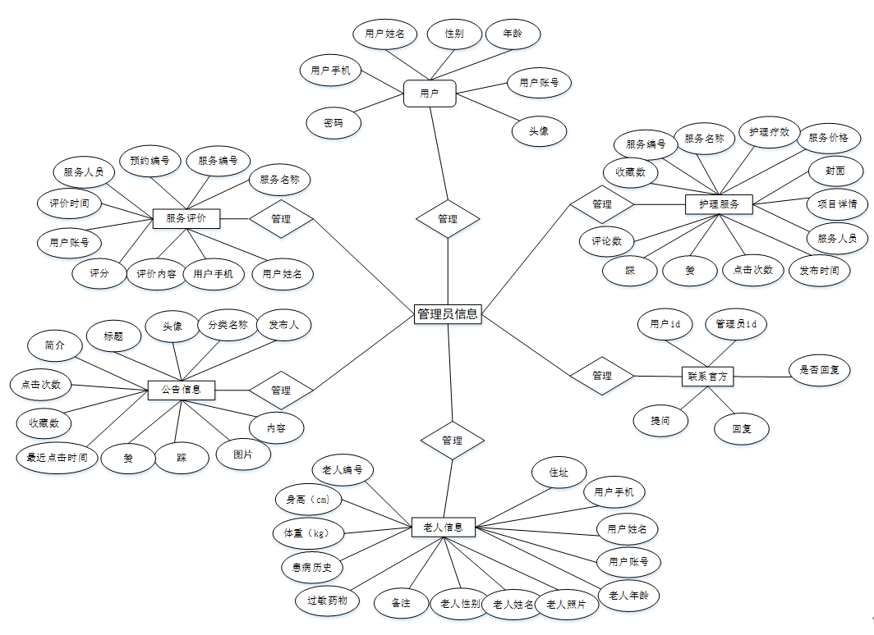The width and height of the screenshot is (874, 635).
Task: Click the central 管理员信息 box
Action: [x=447, y=313]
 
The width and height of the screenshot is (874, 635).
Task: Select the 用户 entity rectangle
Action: [x=430, y=94]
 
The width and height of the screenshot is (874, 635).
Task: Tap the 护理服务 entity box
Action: [x=720, y=204]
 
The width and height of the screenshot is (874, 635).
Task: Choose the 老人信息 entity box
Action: [x=443, y=528]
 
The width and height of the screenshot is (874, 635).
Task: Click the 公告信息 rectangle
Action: [x=182, y=390]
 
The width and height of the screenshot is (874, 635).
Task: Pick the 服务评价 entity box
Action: [x=186, y=218]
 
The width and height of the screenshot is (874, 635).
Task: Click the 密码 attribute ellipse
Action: [x=333, y=123]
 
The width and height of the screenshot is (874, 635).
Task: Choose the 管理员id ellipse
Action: [x=736, y=324]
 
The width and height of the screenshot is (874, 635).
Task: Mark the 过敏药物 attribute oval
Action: [x=327, y=601]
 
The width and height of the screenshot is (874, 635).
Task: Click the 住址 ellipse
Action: [x=559, y=473]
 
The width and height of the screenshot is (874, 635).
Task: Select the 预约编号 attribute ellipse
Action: [x=149, y=161]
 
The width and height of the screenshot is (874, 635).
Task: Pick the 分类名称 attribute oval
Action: [x=228, y=325]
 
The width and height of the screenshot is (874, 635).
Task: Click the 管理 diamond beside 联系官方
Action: [x=602, y=376]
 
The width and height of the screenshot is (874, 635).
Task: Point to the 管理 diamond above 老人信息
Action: [x=452, y=441]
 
